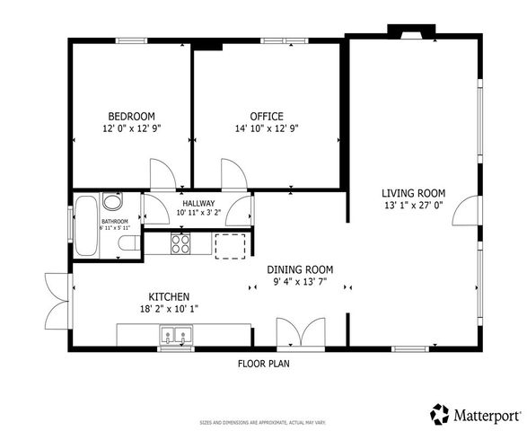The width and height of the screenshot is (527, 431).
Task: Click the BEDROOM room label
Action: click(131, 116)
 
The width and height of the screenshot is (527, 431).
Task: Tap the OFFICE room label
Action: click(266, 116)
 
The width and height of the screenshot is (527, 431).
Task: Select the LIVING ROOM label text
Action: click(413, 192)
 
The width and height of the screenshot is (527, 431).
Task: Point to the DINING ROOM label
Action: click(300, 269)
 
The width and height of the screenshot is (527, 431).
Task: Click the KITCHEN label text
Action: click(168, 296)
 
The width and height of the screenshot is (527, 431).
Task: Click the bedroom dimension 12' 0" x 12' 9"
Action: click(131, 128)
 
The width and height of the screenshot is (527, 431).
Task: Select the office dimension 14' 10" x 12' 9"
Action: click(266, 128)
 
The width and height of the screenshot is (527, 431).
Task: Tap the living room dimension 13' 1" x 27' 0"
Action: click(413, 205)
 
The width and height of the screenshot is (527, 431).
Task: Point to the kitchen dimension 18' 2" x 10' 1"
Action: click(168, 309)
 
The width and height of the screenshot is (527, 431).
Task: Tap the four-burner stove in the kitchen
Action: click(180, 243)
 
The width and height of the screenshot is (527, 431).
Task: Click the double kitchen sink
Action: click(176, 336)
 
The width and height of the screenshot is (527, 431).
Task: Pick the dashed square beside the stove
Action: click(230, 245)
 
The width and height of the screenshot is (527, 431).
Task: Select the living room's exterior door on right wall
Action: click(467, 212)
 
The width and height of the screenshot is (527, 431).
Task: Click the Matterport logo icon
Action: click(440, 414)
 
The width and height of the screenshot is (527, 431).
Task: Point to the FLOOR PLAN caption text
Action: click(263, 364)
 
